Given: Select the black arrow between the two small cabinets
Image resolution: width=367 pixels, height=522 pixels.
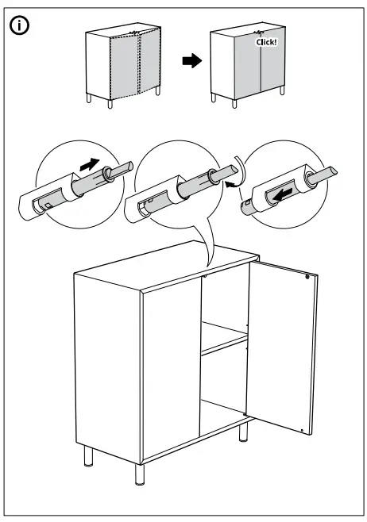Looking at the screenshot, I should click(191, 62).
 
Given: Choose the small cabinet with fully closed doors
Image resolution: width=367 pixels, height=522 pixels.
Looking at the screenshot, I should click(247, 65).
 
